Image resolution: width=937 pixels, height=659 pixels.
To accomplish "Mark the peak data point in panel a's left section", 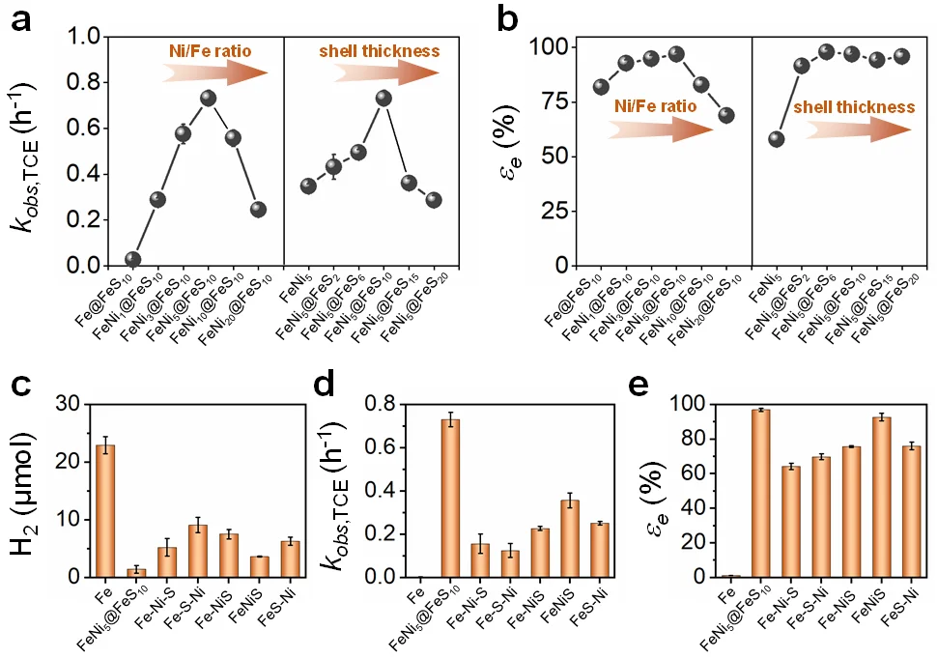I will point(208,98).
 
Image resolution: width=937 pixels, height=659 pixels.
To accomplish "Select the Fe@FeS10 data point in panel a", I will point(133,259).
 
